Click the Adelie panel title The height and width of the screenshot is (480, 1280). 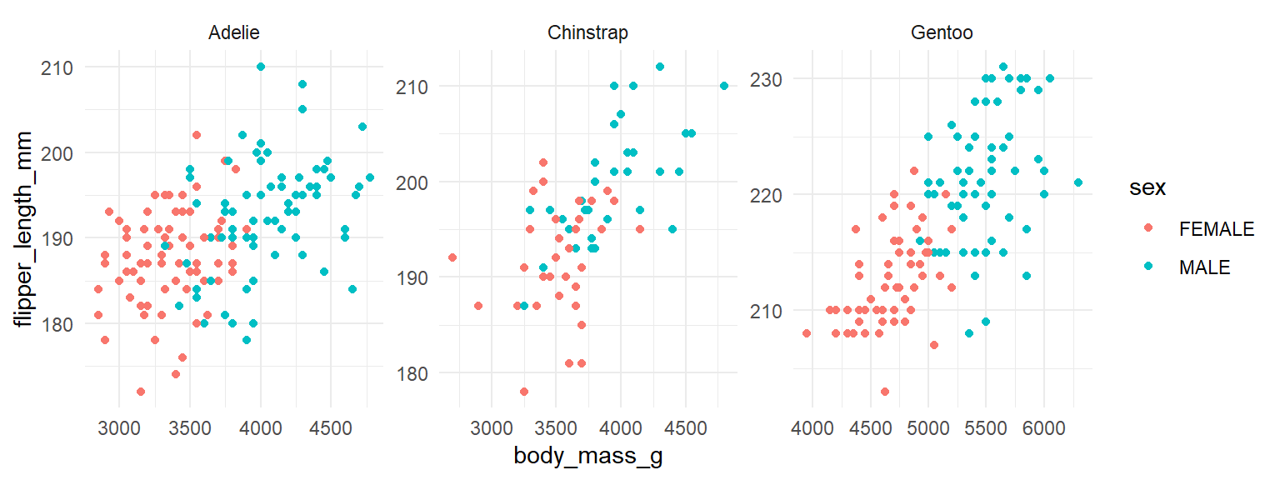234,33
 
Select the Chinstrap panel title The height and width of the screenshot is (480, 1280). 587,33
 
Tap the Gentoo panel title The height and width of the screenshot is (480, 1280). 942,33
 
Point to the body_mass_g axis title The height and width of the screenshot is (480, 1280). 587,457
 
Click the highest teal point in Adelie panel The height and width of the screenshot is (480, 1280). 261,67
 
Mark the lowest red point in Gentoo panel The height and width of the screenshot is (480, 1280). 885,392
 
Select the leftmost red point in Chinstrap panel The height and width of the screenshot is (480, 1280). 452,257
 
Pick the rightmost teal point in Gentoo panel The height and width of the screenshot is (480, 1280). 1078,182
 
